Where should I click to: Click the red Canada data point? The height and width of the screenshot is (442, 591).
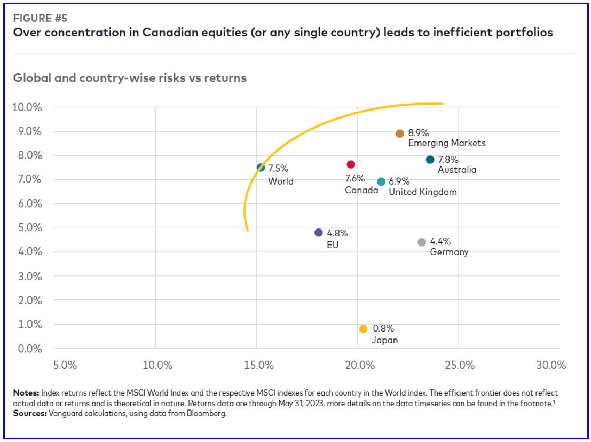coord(351,164)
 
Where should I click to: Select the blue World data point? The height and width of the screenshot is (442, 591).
coord(261,168)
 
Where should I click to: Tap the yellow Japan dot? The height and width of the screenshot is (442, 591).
coord(364,329)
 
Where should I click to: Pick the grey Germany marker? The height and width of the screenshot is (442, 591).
coord(422,242)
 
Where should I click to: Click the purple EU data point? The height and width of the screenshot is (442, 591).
coord(319,233)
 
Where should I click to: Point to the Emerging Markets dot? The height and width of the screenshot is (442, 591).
coord(400,133)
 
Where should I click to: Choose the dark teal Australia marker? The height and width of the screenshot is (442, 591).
coord(430,160)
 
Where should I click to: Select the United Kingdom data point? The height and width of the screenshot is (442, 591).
coord(381,182)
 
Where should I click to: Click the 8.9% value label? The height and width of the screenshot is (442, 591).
coord(419,133)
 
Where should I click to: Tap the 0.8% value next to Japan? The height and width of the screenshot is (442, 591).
coord(383,329)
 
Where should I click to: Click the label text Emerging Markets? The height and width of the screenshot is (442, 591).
coord(447,143)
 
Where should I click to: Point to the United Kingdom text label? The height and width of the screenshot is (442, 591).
coord(423,192)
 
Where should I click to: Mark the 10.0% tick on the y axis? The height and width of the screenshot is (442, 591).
coord(27,107)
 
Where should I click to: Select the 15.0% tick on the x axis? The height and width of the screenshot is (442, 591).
coord(258,366)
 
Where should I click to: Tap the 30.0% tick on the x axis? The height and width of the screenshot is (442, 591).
coord(550,366)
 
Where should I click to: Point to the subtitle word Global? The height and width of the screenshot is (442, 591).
coord(31,78)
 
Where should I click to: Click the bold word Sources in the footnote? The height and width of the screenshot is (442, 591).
coord(30,414)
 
